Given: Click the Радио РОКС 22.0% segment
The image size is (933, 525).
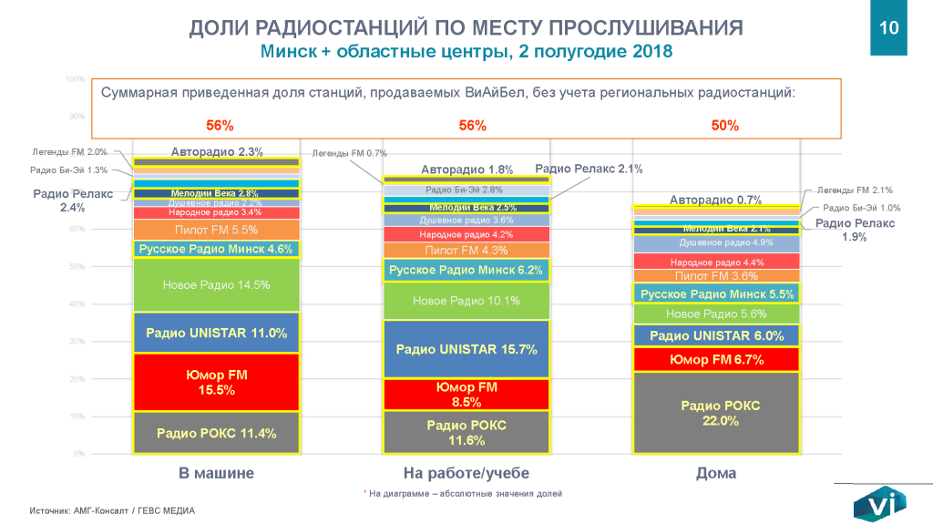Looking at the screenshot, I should [x=715, y=412].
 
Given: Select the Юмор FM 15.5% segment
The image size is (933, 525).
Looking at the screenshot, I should [x=216, y=382].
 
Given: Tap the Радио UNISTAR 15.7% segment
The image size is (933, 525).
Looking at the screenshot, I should [x=466, y=349].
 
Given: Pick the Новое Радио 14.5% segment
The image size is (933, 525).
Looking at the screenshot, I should [x=216, y=285].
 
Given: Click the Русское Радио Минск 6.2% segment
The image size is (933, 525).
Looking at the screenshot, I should [x=466, y=270].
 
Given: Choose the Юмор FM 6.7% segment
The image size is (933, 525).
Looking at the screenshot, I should [x=715, y=360].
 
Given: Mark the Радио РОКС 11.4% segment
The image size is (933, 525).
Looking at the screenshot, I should [x=216, y=433].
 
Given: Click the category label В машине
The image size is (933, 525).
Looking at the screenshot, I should [x=216, y=474].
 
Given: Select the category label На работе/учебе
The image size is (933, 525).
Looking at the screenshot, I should [x=466, y=474].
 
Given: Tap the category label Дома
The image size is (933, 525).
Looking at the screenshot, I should [x=715, y=474].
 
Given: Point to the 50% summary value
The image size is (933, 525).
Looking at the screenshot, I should [x=724, y=126].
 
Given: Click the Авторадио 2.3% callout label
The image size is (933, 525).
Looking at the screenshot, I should [x=217, y=152].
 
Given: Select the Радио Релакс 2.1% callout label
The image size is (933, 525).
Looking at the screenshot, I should [x=589, y=169].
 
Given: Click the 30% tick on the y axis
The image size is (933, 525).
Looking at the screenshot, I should [x=77, y=342].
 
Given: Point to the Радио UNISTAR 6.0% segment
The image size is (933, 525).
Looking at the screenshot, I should [x=715, y=335].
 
